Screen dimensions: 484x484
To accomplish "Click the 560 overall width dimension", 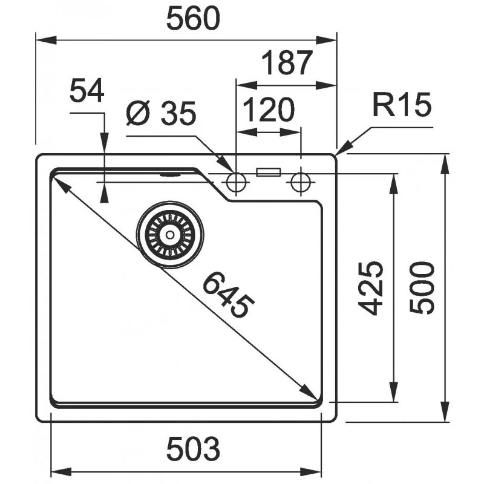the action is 193,19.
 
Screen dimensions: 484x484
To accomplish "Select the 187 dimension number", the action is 287,63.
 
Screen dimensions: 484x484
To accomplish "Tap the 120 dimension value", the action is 269,110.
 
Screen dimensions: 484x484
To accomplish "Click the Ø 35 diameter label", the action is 161,113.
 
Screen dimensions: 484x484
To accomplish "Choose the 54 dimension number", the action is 87,91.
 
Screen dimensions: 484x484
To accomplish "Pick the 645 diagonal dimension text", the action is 229,295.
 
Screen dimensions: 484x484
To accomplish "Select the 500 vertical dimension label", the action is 422,288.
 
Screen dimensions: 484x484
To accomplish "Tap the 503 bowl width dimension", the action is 193,448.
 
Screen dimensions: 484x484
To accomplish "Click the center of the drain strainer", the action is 170,235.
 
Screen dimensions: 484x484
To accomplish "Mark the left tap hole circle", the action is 236,183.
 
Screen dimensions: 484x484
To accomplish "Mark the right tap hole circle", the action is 301,183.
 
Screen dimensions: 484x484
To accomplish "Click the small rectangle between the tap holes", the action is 268,172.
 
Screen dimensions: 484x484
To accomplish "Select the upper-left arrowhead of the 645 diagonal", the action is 62,184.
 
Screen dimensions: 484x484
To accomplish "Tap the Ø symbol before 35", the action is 138,113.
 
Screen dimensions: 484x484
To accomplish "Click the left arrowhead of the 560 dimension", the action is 47,40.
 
